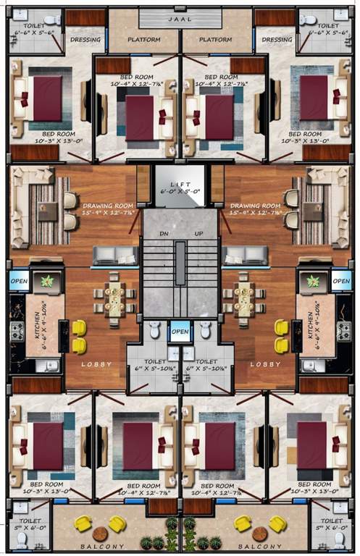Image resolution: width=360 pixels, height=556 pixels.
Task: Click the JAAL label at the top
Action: coord(180,20)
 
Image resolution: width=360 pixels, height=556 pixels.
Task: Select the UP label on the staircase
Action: coord(198,234)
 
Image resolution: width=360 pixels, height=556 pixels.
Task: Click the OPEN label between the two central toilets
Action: coord(180,333)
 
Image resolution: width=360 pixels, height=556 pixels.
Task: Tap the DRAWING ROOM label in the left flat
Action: coord(108,205)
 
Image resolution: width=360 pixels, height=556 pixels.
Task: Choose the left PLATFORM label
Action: coord(144,40)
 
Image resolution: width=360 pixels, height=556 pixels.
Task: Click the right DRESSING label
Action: coord(277,40)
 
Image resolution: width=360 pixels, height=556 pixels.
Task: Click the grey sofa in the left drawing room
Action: coord(114,256)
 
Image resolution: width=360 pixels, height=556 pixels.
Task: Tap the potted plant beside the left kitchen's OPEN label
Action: coord(48,281)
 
